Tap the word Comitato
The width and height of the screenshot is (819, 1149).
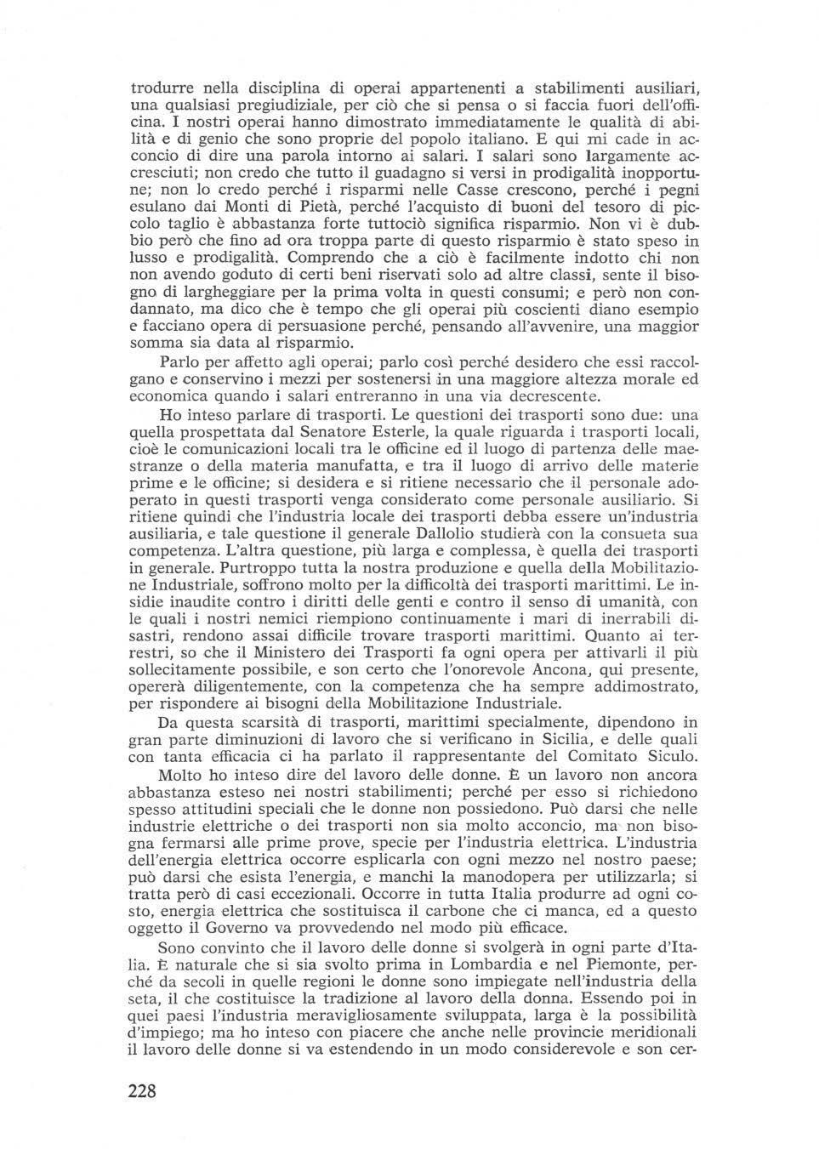(x=592, y=756)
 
